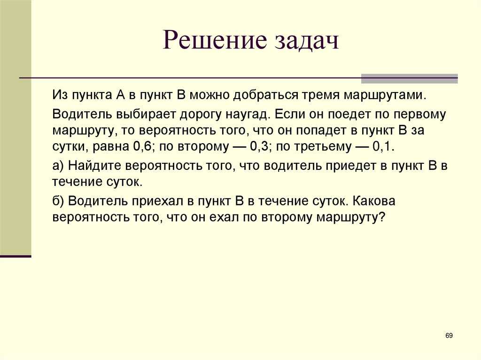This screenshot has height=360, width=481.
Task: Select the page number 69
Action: click(x=449, y=335)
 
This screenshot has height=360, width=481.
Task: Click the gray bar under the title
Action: click(x=409, y=78)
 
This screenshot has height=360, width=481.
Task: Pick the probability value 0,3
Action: click(x=259, y=146)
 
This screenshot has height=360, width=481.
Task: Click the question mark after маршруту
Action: click(x=381, y=217)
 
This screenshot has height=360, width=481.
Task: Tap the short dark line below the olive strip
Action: click(x=16, y=256)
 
